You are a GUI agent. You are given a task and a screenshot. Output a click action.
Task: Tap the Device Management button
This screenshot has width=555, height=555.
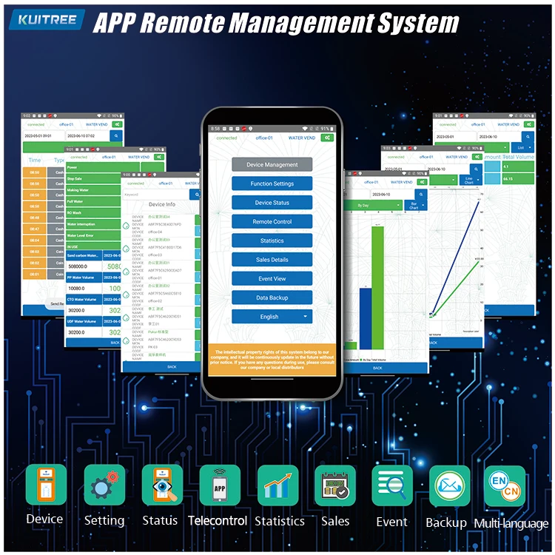(x=272, y=164)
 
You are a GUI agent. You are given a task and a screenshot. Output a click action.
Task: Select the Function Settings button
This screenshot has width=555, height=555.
(x=272, y=184)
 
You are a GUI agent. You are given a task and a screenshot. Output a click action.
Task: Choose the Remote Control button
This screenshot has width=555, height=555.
(x=272, y=221)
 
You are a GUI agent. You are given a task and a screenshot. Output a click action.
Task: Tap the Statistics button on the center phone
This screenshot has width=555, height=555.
(x=272, y=240)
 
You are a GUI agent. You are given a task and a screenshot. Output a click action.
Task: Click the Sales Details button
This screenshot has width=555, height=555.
(x=272, y=260)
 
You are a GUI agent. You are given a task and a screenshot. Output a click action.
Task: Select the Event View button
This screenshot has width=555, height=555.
(x=272, y=279)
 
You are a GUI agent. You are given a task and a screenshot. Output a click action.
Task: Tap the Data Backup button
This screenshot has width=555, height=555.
(x=272, y=297)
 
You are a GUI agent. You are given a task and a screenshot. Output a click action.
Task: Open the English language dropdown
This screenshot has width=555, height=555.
(x=272, y=317)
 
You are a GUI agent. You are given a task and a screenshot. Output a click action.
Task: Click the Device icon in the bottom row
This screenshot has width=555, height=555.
(x=46, y=485)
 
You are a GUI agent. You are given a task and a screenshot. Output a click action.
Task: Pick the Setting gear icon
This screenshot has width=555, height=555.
(x=104, y=485)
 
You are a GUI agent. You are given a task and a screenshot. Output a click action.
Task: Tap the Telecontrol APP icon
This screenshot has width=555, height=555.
(x=220, y=485)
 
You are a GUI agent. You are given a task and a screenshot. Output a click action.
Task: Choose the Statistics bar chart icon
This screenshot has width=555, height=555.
(x=277, y=485)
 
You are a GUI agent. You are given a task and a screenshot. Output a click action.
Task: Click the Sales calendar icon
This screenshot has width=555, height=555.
(x=335, y=485)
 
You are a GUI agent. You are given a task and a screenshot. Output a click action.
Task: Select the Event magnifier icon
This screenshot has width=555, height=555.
(x=392, y=485)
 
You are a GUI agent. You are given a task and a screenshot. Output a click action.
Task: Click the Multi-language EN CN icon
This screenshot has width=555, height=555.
(x=505, y=485)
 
